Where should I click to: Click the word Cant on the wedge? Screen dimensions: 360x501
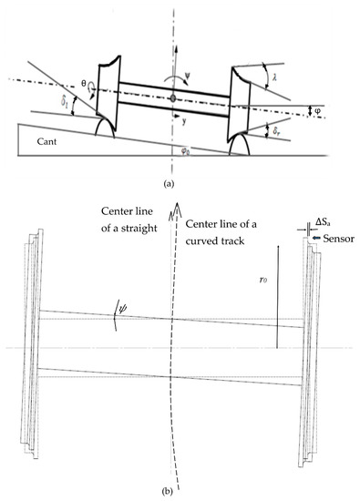[x=46, y=141]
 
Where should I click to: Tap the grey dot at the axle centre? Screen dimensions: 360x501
[x=173, y=98]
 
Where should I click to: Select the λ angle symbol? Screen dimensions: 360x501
[x=274, y=77]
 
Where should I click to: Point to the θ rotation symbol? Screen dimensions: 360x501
[x=84, y=84]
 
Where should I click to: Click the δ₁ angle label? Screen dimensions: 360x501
[x=65, y=102]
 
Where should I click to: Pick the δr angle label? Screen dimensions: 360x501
[x=277, y=131]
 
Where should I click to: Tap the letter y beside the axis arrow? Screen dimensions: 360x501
[x=184, y=121]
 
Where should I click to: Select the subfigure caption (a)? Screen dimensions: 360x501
[x=169, y=184]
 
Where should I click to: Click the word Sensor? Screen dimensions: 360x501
[x=338, y=239]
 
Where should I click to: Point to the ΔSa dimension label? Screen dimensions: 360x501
[x=323, y=222]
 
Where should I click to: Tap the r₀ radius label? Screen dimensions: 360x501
[x=263, y=281]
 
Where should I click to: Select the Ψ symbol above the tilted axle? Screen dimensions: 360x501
[x=187, y=76]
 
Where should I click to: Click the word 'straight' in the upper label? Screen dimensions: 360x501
[x=138, y=229]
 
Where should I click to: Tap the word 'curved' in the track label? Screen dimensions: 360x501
[x=201, y=240]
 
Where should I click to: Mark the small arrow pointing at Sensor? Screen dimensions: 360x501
[x=317, y=238]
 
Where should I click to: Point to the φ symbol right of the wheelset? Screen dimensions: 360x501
[x=317, y=111]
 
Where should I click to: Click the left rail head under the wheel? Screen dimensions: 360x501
[x=105, y=128]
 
